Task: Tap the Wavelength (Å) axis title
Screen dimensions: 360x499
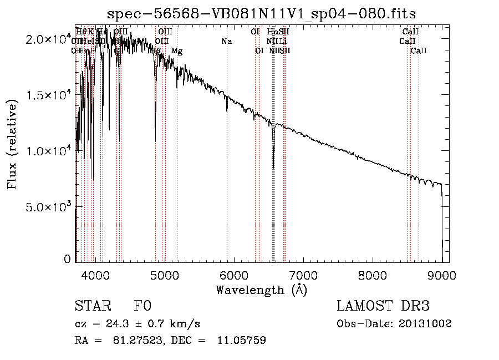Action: (261, 290)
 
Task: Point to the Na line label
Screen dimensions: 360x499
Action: (226, 42)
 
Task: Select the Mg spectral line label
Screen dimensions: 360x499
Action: (176, 51)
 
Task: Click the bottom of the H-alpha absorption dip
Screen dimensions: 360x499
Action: (273, 166)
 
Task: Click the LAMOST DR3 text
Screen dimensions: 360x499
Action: (383, 306)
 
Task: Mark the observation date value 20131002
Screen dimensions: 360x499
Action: (425, 323)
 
